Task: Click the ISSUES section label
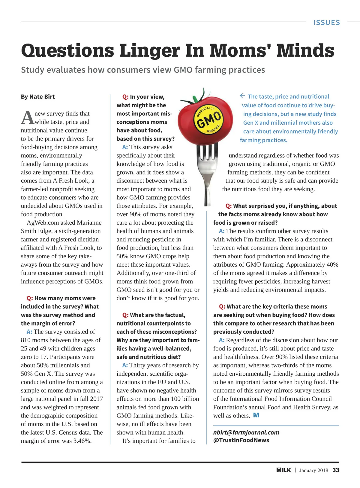tap(326, 23)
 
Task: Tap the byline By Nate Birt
tap(38, 97)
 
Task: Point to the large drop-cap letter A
tap(27, 117)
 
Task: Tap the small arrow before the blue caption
tap(242, 96)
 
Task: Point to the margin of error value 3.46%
tap(82, 441)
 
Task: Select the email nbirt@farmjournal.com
tap(246, 432)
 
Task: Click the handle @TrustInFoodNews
tap(241, 440)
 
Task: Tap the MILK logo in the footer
tap(283, 470)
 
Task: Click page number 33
tap(336, 470)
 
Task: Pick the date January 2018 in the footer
tap(313, 470)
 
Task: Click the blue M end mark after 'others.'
tap(256, 415)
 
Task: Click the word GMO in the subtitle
tap(183, 70)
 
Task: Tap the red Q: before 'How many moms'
tap(30, 298)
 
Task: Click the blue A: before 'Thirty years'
tap(125, 365)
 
